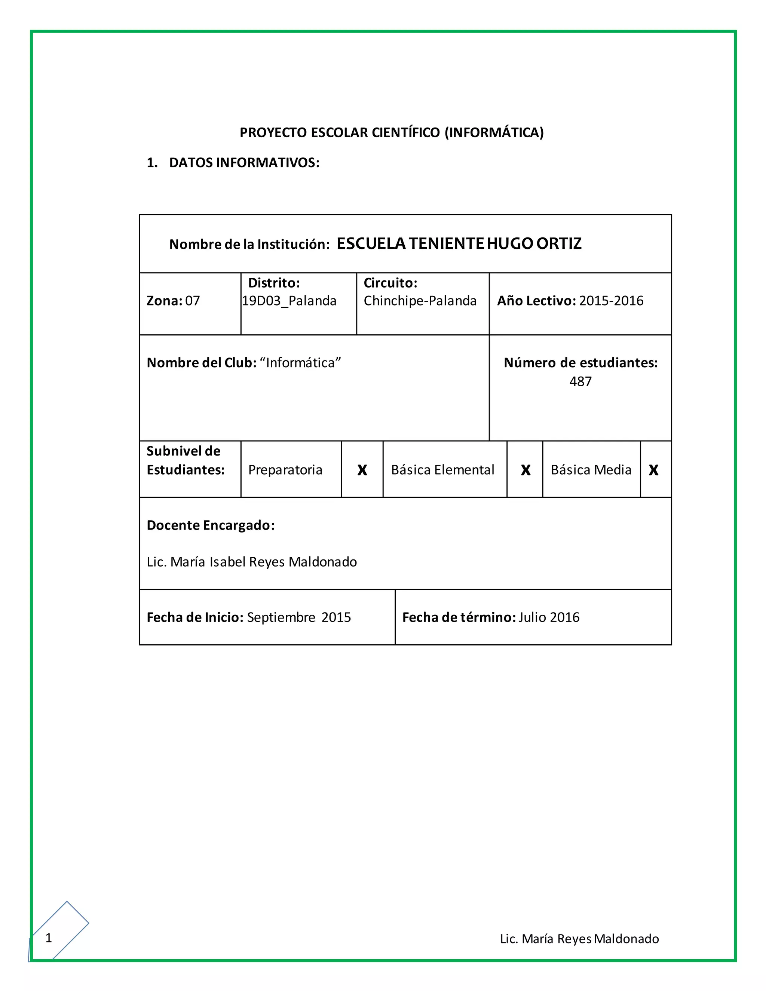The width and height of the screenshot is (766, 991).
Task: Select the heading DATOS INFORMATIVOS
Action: tap(244, 163)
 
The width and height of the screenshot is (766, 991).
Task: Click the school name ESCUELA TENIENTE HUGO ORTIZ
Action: tap(459, 244)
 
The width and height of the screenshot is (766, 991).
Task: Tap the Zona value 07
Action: tap(192, 301)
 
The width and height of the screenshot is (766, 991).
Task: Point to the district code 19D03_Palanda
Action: tap(289, 301)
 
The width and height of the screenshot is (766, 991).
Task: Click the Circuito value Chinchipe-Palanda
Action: tap(420, 301)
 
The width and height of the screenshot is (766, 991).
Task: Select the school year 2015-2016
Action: tap(611, 301)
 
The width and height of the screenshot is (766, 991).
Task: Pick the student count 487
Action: tap(580, 381)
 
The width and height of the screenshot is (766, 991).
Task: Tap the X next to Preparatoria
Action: tap(362, 470)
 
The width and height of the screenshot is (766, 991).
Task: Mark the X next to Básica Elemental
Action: tap(526, 470)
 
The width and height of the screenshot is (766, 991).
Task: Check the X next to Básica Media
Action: tap(653, 470)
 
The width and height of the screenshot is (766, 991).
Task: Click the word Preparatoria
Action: tap(285, 470)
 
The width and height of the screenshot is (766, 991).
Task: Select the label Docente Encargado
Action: tap(211, 525)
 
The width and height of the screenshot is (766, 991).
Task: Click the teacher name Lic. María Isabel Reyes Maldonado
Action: tap(252, 562)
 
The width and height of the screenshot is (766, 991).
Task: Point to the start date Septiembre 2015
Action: tap(298, 617)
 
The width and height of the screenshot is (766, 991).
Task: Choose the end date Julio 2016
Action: tap(549, 617)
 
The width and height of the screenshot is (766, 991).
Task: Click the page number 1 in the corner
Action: tap(49, 938)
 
